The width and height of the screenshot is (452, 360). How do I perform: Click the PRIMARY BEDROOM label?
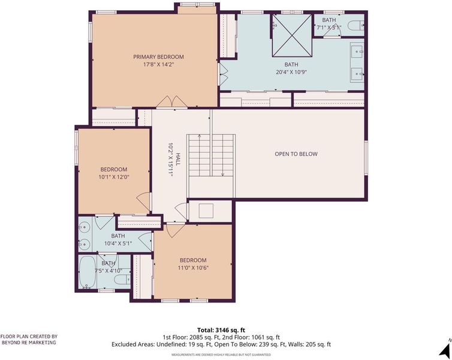(x=158, y=57)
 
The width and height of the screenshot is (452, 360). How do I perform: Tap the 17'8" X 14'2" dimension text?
(x=158, y=64)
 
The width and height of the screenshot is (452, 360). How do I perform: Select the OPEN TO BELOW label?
(x=296, y=154)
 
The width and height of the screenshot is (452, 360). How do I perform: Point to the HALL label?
(x=178, y=159)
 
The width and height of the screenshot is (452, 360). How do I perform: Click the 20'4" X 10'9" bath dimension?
(x=291, y=72)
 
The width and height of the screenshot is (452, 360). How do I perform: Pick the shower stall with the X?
(x=293, y=35)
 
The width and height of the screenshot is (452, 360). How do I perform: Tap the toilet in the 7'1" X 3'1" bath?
(x=355, y=26)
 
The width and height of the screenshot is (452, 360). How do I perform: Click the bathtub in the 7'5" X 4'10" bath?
(x=88, y=272)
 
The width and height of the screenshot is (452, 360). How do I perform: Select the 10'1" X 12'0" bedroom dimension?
(x=113, y=177)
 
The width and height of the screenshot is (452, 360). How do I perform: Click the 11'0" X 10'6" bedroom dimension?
(x=193, y=268)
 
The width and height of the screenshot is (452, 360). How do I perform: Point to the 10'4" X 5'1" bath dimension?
(x=118, y=244)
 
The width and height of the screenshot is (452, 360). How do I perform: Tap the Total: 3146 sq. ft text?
(x=221, y=330)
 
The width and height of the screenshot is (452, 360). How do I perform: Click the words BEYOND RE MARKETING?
(x=29, y=343)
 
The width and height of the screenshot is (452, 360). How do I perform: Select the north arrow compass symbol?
(x=445, y=348)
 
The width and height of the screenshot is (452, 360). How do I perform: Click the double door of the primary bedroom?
(x=172, y=102)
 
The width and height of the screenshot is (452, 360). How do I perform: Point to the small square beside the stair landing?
(x=206, y=211)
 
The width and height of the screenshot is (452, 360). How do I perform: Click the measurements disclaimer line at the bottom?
(x=221, y=355)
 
